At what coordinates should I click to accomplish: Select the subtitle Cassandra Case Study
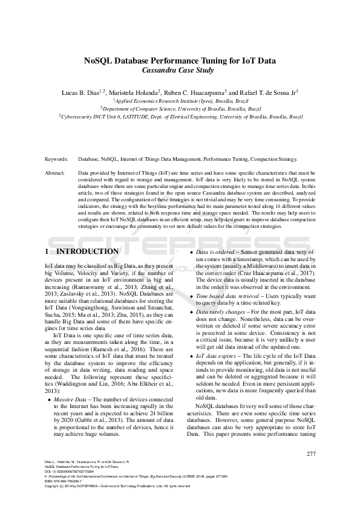point(180,71)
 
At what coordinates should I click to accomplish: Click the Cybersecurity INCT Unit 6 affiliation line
point(180,116)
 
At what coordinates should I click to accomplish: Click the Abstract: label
point(56,172)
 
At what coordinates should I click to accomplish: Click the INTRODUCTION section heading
point(87,251)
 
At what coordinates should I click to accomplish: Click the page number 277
point(310,454)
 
